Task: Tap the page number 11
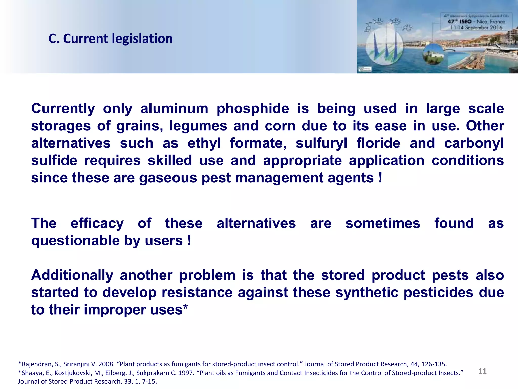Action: click(482, 371)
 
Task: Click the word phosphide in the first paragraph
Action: click(253, 109)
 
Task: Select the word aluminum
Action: click(174, 109)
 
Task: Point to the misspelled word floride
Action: click(378, 143)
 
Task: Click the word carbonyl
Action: click(474, 143)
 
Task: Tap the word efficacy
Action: click(97, 224)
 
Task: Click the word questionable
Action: click(75, 241)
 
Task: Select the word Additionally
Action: click(72, 275)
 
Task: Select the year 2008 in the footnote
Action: click(106, 364)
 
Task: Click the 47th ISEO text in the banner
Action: click(460, 22)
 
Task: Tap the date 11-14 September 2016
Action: click(476, 27)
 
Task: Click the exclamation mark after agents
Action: click(380, 178)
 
